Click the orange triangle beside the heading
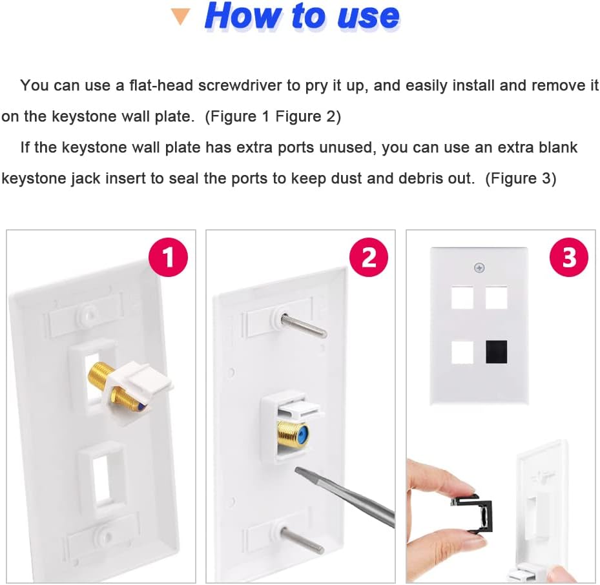(180, 17)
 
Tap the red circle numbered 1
(169, 257)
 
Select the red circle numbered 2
(369, 257)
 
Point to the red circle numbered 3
(568, 257)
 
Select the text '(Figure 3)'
(521, 178)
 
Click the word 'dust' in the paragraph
(347, 178)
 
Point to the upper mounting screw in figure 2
(303, 326)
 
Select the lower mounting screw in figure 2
(302, 540)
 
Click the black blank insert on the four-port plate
(496, 352)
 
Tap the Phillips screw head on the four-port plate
(479, 268)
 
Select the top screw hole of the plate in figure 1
(87, 316)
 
